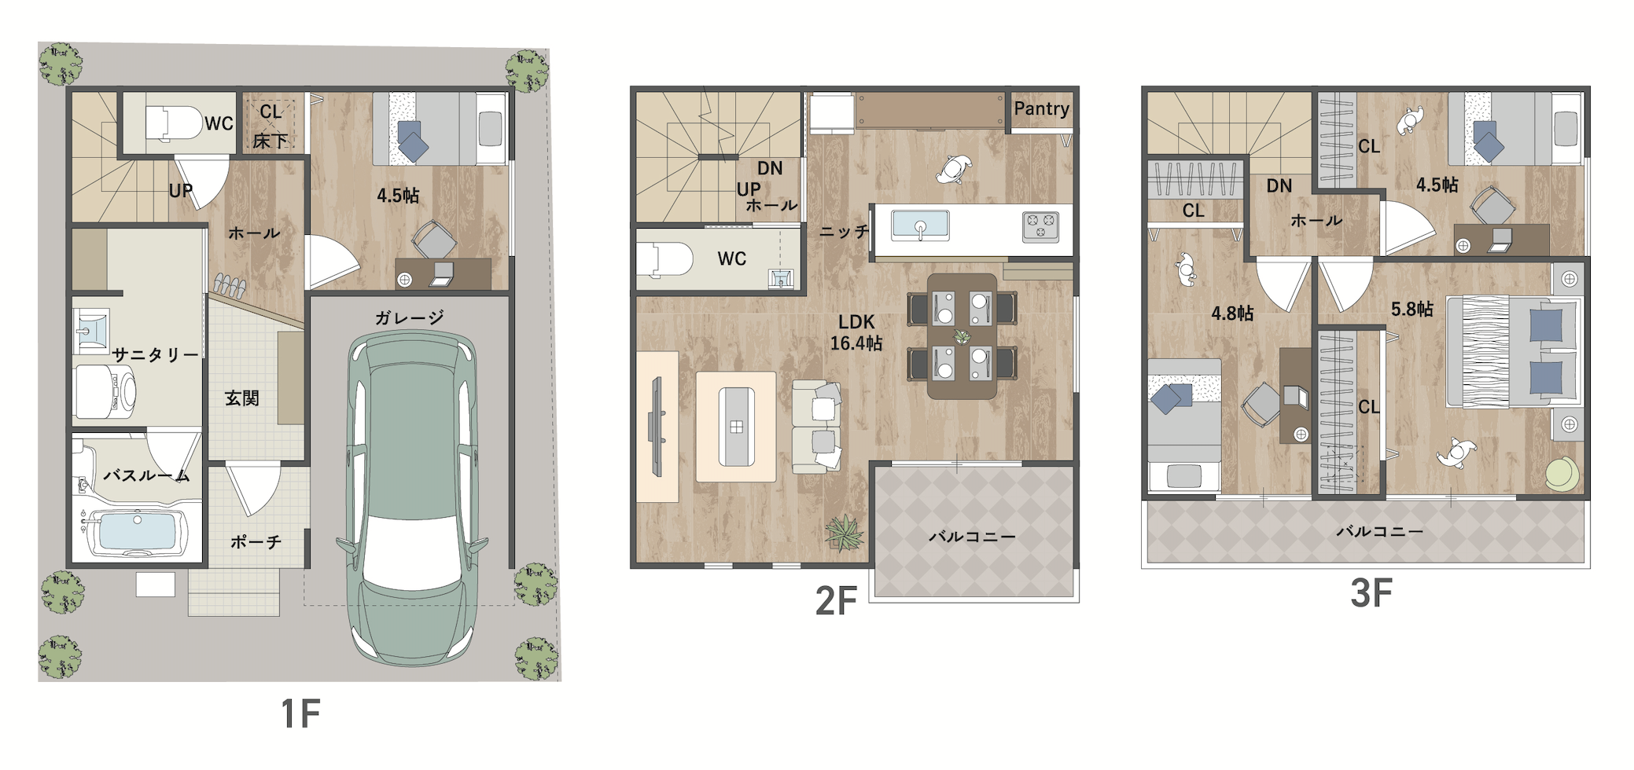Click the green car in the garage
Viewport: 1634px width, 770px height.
pyautogui.click(x=413, y=497)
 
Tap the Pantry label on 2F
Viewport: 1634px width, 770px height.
pyautogui.click(x=1041, y=109)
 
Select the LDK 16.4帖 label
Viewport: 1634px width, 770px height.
pyautogui.click(x=856, y=332)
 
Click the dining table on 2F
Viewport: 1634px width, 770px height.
pyautogui.click(x=962, y=336)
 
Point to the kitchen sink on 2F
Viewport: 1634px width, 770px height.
pyautogui.click(x=920, y=225)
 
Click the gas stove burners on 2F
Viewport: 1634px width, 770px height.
pyautogui.click(x=1040, y=226)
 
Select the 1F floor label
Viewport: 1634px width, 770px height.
pyautogui.click(x=300, y=713)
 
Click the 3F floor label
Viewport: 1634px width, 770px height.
pyautogui.click(x=1371, y=593)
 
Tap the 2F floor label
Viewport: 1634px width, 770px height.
pyautogui.click(x=835, y=601)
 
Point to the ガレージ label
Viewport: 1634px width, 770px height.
pyautogui.click(x=409, y=317)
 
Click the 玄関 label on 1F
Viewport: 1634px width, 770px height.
pyautogui.click(x=241, y=398)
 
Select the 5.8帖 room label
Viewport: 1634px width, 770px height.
pyautogui.click(x=1411, y=310)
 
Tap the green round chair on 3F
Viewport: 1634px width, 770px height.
pyautogui.click(x=1562, y=475)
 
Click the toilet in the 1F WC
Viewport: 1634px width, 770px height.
pyautogui.click(x=174, y=124)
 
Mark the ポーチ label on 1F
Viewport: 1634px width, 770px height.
pyautogui.click(x=256, y=542)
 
